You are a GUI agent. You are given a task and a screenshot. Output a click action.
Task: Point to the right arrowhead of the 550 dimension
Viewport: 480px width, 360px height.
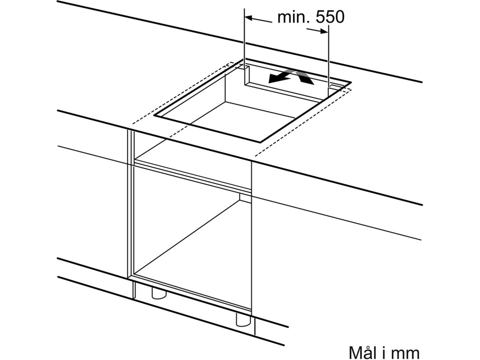click(x=324, y=32)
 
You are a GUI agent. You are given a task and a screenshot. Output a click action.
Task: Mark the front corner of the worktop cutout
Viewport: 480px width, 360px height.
click(x=260, y=142)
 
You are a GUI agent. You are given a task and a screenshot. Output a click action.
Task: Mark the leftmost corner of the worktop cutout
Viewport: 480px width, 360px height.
click(x=154, y=115)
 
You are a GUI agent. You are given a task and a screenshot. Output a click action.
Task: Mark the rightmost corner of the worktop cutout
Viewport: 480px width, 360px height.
click(x=351, y=82)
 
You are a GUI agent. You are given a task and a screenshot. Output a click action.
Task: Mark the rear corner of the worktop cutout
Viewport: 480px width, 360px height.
click(x=244, y=59)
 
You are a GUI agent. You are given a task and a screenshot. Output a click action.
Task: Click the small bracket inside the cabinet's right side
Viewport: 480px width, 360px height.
click(x=245, y=198)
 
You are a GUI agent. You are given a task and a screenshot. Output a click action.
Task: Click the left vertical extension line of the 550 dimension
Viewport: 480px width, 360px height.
click(x=244, y=46)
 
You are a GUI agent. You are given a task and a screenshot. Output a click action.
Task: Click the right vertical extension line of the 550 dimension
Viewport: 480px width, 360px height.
click(x=328, y=61)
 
